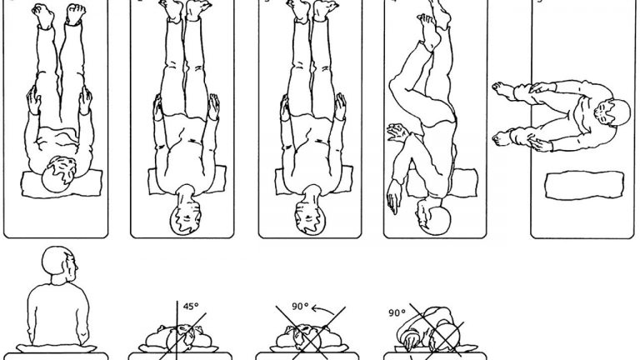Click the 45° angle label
point(190,306)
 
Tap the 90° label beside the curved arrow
point(300,306)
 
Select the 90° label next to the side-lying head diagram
point(397,312)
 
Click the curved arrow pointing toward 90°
point(322,309)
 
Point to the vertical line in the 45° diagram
point(177,331)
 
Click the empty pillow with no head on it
point(584,185)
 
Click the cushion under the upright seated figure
point(57,348)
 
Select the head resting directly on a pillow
point(59,174)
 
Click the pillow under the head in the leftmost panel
point(61,183)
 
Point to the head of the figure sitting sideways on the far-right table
point(611,116)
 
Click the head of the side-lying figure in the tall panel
point(433,217)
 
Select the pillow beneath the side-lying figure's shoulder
point(442,183)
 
